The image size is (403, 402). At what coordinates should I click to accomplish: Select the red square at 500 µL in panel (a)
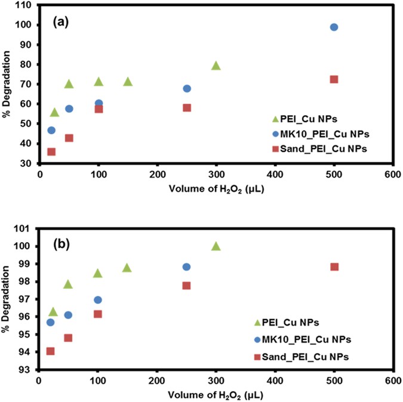pos(334,79)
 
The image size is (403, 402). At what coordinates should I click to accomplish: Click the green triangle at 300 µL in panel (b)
pos(216,246)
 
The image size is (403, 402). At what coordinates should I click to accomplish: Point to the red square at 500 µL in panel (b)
pos(334,267)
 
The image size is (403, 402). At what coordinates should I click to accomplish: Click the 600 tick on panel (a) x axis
pos(393,175)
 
